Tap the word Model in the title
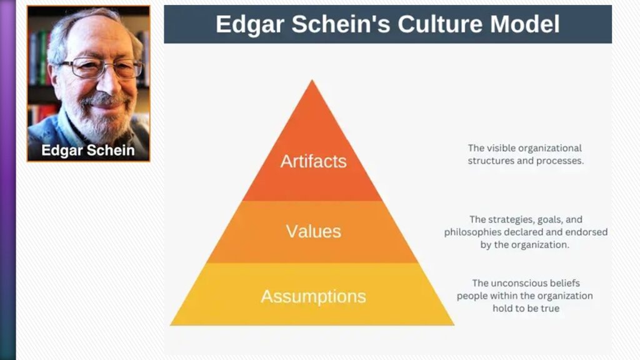pyautogui.click(x=525, y=24)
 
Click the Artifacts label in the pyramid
pyautogui.click(x=314, y=161)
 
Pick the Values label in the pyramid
pyautogui.click(x=314, y=231)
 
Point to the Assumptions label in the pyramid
pyautogui.click(x=314, y=296)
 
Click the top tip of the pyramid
pyautogui.click(x=312, y=80)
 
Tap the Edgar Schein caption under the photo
pyautogui.click(x=87, y=150)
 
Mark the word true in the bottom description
pyautogui.click(x=550, y=309)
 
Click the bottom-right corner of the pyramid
pyautogui.click(x=454, y=325)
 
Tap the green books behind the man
pyautogui.click(x=42, y=57)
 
